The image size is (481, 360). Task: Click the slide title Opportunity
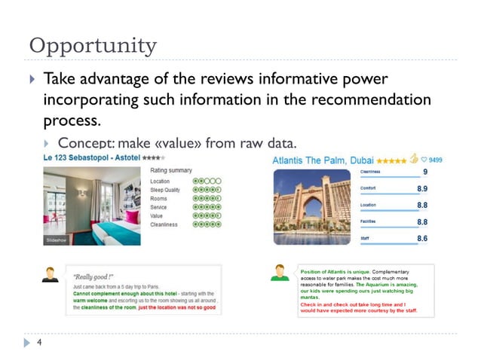(92, 45)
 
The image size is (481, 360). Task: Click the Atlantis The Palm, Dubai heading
(323, 160)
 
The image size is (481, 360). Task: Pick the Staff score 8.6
(423, 239)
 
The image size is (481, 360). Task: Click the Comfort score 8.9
(423, 188)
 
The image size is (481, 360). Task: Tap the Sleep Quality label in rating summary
(166, 191)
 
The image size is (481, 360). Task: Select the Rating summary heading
(171, 170)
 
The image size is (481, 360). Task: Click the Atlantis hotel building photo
(311, 206)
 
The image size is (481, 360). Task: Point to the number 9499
(435, 160)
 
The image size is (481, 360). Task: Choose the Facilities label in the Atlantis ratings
(369, 221)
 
